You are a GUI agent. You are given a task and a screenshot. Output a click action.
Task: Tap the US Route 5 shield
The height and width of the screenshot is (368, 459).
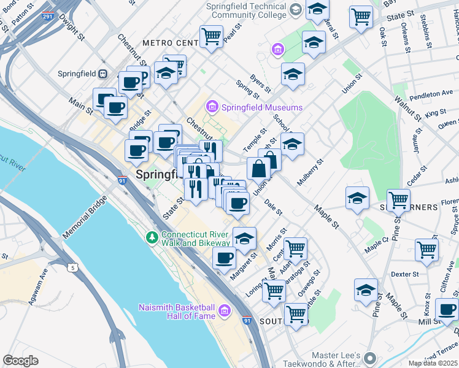(73, 267)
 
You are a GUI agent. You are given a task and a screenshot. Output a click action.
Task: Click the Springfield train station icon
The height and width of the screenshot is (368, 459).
(103, 74)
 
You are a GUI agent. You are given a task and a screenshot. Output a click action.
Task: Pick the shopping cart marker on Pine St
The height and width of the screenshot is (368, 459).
(399, 200)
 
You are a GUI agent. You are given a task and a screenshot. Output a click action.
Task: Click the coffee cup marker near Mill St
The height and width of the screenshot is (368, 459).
(447, 309)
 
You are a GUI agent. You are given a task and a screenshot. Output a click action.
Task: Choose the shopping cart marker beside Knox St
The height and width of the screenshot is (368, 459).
(426, 250)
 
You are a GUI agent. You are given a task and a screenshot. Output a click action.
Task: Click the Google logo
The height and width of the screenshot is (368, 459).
(20, 361)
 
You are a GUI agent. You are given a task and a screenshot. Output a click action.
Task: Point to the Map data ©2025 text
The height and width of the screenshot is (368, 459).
(433, 363)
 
